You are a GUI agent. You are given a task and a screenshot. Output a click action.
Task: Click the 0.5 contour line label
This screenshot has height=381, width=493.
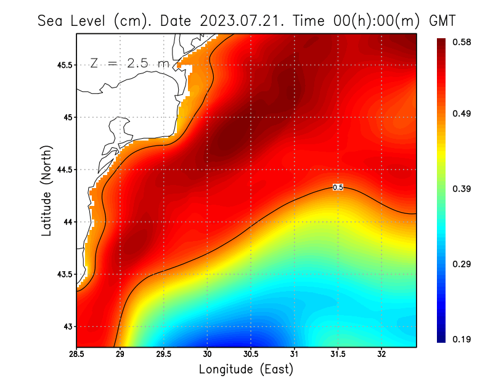[x=338, y=187]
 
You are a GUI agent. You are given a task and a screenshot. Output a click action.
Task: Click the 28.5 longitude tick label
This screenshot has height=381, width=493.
[x=76, y=354]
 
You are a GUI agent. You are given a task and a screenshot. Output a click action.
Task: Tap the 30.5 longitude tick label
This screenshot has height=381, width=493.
[x=251, y=354]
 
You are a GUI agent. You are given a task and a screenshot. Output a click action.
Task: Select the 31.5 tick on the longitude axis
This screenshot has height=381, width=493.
[x=338, y=354]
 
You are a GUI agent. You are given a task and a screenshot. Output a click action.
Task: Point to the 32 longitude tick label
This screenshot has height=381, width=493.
[x=381, y=354]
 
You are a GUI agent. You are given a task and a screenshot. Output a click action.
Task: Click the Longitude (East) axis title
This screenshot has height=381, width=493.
[x=246, y=369]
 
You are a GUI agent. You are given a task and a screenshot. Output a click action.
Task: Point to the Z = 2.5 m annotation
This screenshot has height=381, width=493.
[x=129, y=63]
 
